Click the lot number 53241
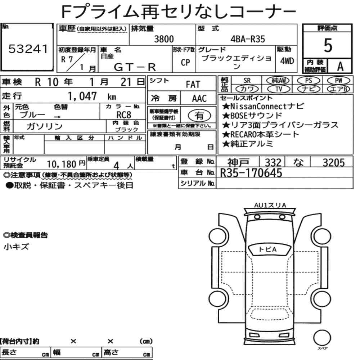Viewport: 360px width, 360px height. [x=28, y=49]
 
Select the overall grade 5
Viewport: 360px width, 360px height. [x=328, y=45]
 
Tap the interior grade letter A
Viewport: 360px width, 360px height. [x=340, y=67]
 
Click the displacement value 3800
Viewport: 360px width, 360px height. [x=164, y=39]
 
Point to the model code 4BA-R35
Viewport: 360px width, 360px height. [x=248, y=39]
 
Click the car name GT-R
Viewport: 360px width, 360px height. [x=135, y=67]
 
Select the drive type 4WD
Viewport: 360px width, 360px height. [x=287, y=61]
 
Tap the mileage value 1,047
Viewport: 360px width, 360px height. [x=82, y=96]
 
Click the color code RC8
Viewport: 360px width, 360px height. [x=124, y=115]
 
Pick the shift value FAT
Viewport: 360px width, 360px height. [x=193, y=85]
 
